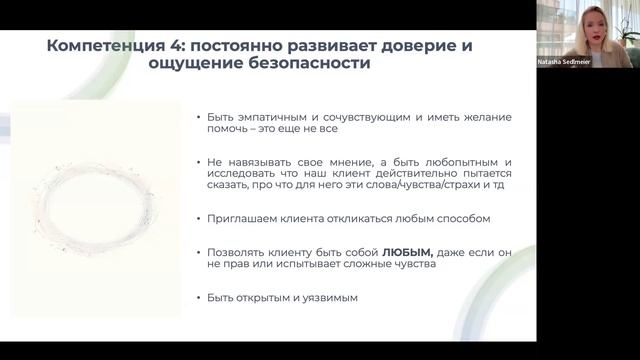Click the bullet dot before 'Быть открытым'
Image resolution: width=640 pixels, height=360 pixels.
pos(199,298)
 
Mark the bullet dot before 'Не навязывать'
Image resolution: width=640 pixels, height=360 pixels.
pos(199,162)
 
